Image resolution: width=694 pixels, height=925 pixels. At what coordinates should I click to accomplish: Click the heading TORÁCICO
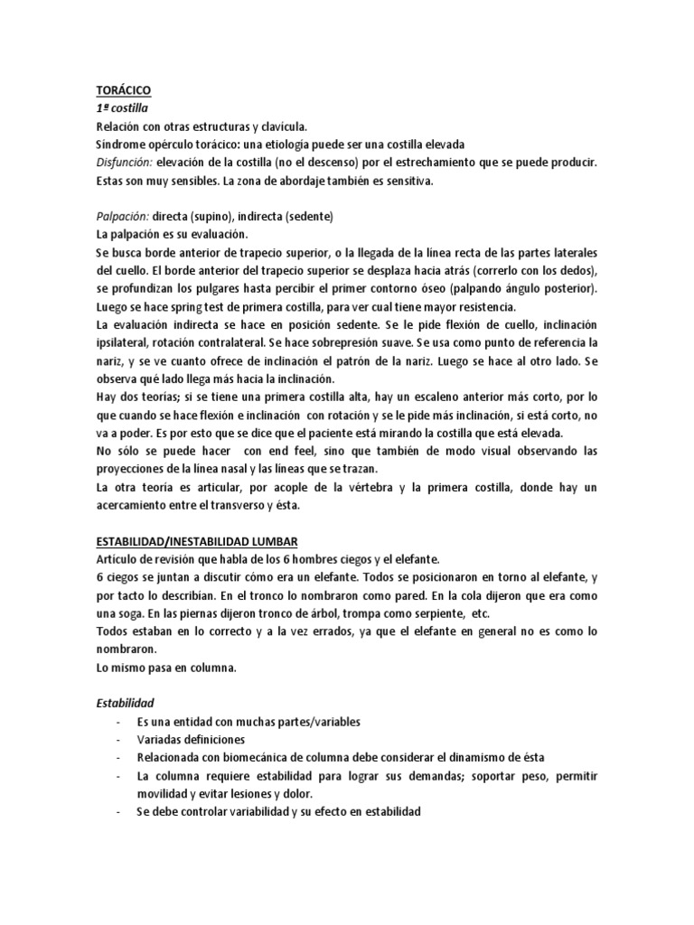point(124,91)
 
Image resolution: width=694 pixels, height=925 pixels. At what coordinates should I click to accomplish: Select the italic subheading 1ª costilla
point(122,108)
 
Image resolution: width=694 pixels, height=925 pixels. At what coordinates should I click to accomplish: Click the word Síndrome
point(121,145)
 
